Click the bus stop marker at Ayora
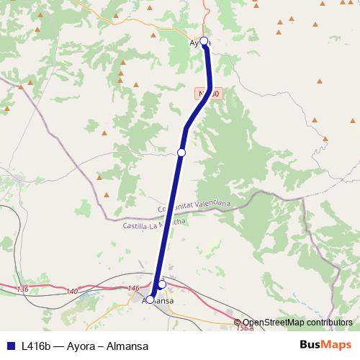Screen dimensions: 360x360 coord(204,41)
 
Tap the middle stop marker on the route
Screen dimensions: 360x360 coord(181,153)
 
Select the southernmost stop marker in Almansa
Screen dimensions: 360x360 coord(150,300)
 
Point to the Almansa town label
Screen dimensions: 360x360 coord(158,300)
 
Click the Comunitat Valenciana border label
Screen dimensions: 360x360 coord(194,206)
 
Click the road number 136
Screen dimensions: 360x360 coord(22,289)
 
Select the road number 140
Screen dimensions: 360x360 coord(71,291)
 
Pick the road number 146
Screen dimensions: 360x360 coord(133,288)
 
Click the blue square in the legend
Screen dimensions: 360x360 coord(10,345)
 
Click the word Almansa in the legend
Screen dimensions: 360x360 coord(127,345)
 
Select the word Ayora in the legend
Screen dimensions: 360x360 coord(82,345)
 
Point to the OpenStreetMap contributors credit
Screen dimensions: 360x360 coord(298,322)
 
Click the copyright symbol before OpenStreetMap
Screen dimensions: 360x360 coord(238,322)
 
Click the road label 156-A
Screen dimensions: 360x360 coord(246,329)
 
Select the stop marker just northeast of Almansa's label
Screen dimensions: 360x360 coord(162,284)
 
